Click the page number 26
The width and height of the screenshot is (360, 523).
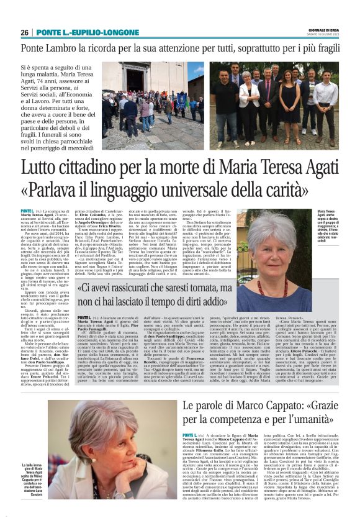(25, 32)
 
